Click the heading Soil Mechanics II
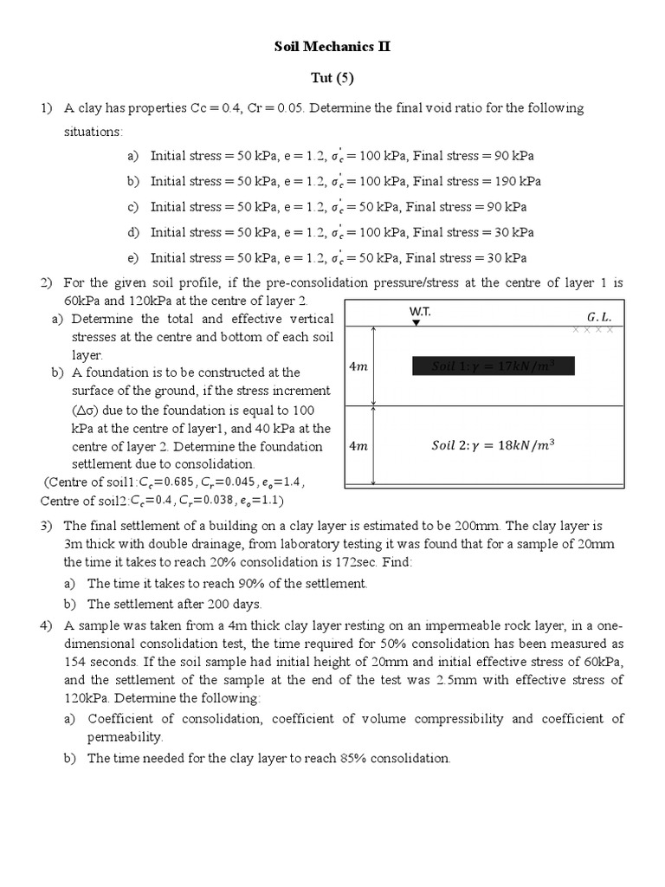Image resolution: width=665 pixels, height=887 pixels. (332, 47)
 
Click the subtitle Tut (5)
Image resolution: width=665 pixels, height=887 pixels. (332, 78)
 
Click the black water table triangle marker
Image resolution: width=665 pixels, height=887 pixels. (416, 322)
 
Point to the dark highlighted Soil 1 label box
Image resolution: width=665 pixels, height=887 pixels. (493, 366)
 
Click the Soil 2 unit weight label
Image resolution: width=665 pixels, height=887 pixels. (493, 446)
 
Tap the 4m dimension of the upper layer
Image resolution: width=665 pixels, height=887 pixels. (358, 366)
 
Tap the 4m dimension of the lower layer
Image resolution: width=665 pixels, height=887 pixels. (358, 447)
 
